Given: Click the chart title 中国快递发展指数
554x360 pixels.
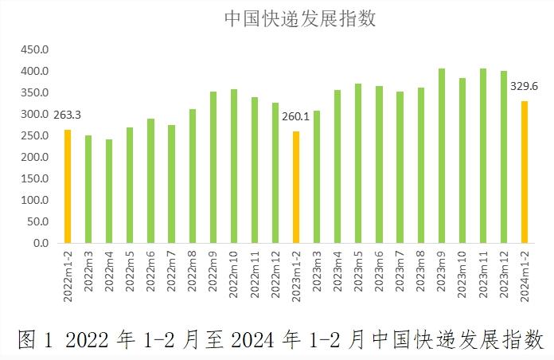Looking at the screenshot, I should [299, 18].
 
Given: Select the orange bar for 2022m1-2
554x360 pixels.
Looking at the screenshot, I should [68, 186].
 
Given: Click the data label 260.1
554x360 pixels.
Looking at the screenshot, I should [296, 116].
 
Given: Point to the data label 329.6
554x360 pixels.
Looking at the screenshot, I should [525, 86].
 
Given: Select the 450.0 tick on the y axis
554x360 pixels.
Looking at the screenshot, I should [35, 49].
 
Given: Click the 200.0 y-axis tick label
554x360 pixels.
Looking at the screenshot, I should [35, 157].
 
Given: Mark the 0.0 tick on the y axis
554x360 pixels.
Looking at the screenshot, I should [41, 243].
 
